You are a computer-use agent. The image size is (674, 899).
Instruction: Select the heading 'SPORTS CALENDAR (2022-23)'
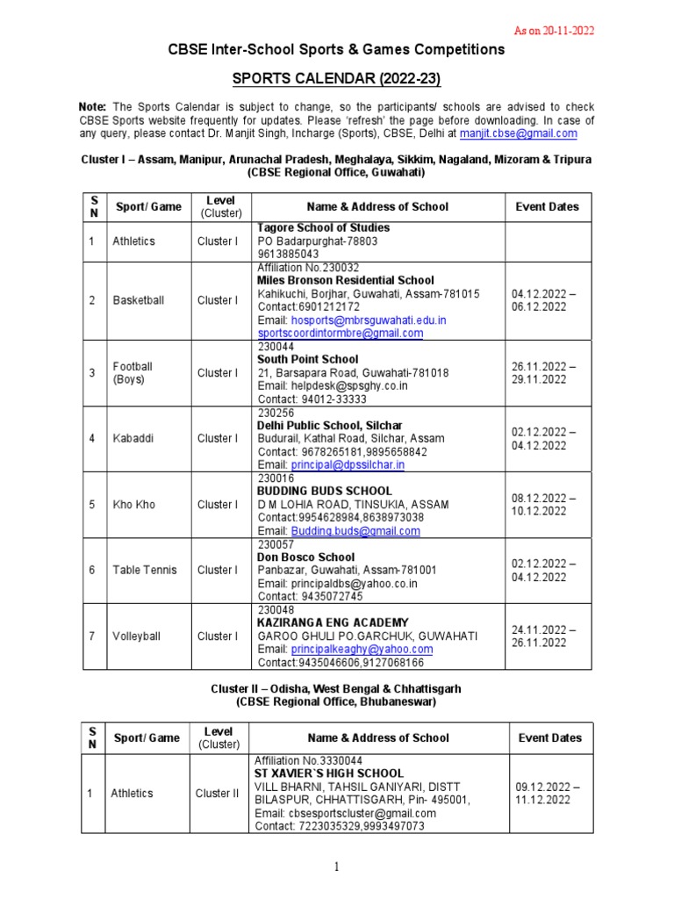tap(336, 81)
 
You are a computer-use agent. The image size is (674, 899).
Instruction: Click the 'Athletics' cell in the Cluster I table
tap(133, 241)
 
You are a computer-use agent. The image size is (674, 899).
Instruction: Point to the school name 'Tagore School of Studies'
tap(323, 228)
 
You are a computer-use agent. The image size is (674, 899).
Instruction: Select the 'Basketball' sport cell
tap(138, 300)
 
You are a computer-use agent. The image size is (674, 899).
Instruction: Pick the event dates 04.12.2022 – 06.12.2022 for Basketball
tap(543, 300)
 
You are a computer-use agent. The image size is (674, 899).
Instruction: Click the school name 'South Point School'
tap(307, 359)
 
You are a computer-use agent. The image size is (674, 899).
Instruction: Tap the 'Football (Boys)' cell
tap(133, 373)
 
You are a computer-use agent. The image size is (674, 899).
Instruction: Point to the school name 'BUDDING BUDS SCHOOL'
tap(324, 491)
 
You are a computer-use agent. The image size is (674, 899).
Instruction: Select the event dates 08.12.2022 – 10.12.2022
tap(543, 505)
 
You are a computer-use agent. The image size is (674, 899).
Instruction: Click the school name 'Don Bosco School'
tap(305, 557)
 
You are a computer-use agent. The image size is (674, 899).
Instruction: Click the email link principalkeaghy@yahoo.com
tap(362, 649)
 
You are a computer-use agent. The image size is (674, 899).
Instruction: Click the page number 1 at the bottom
tap(336, 867)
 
